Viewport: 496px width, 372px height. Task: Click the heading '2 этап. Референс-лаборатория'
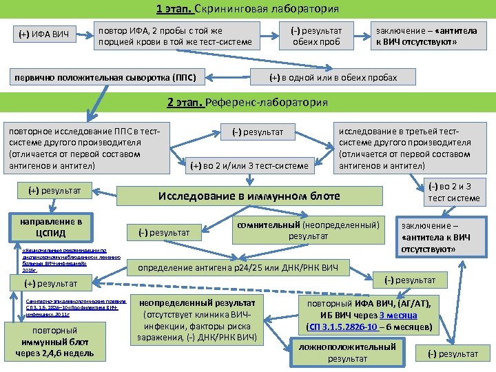click(248, 102)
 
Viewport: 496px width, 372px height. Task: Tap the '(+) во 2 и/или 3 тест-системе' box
click(250, 165)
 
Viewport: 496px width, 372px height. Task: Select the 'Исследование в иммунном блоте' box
click(249, 196)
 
